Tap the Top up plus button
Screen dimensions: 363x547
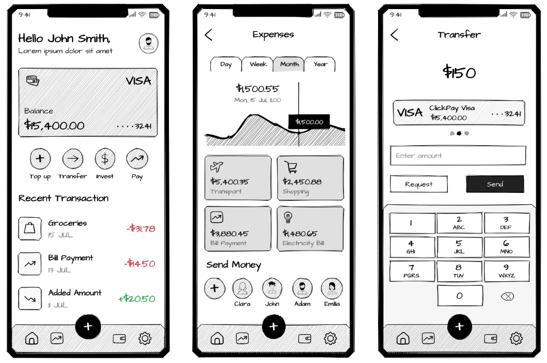click(40, 159)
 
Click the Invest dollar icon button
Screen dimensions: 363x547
click(105, 159)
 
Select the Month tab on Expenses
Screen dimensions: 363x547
click(289, 64)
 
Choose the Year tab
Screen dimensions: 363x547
click(320, 64)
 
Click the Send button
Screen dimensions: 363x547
click(495, 184)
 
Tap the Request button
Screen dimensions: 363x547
click(419, 184)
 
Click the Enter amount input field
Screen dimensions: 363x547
click(458, 155)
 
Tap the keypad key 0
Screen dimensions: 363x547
click(460, 296)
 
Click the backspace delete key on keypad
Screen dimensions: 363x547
click(507, 296)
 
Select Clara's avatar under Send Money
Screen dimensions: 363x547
click(242, 289)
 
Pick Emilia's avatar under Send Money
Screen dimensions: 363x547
click(332, 289)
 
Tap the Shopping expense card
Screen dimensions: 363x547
click(310, 178)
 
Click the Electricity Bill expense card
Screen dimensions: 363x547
click(310, 229)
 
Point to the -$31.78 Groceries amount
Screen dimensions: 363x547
click(141, 229)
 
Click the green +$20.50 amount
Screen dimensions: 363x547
click(137, 299)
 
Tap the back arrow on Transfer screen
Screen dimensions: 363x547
click(395, 35)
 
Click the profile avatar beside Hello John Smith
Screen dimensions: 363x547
click(149, 44)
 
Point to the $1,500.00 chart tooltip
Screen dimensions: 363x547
click(309, 122)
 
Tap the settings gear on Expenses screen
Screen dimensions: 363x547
click(330, 339)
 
